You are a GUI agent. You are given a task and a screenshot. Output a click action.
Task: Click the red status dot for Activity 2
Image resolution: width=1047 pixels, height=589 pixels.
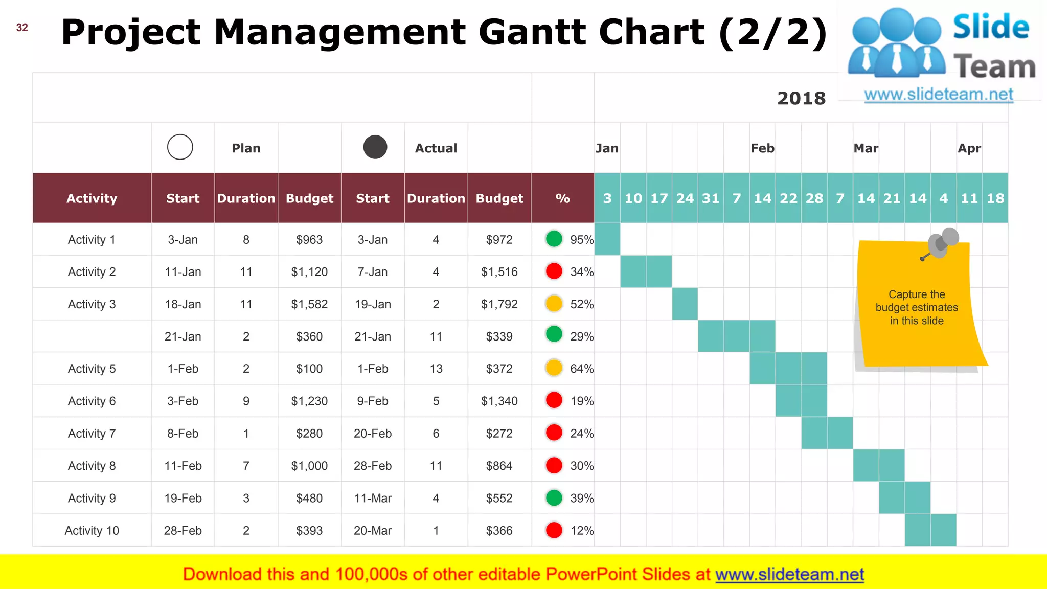554,271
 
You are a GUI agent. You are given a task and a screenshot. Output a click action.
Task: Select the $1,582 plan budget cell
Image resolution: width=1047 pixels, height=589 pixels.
309,304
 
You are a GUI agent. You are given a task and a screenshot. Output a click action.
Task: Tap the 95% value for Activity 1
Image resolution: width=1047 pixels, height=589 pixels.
582,240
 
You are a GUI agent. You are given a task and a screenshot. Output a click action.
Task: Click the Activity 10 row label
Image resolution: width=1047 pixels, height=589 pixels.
92,531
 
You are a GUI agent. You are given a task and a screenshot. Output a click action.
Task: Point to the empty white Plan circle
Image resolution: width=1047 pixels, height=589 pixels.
180,147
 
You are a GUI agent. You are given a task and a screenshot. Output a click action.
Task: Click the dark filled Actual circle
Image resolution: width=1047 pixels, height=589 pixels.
375,147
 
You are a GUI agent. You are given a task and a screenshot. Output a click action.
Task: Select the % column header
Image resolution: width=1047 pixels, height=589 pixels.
562,198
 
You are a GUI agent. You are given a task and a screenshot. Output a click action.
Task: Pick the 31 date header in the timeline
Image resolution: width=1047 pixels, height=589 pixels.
711,198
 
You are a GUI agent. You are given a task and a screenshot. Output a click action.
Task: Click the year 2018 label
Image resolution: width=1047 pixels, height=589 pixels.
801,98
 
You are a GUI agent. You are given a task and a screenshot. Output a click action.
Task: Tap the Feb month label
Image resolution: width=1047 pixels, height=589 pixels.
762,148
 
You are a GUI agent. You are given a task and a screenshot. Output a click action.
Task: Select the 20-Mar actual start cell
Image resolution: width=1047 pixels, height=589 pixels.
373,531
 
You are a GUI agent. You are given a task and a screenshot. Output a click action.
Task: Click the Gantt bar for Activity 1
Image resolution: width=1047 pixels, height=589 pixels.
607,239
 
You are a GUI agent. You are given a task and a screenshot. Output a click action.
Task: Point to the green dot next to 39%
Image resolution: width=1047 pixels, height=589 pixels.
554,497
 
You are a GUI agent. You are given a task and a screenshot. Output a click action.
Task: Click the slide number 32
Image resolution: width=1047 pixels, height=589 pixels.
22,28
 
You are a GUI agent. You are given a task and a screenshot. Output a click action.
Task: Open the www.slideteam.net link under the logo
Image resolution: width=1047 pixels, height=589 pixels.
938,95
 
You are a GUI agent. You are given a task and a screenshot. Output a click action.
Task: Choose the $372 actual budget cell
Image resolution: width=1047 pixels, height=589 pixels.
499,369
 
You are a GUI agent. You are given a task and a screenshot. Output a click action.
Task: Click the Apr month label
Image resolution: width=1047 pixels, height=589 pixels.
969,148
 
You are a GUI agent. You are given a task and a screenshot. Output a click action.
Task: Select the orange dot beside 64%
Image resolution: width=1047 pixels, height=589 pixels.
554,368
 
